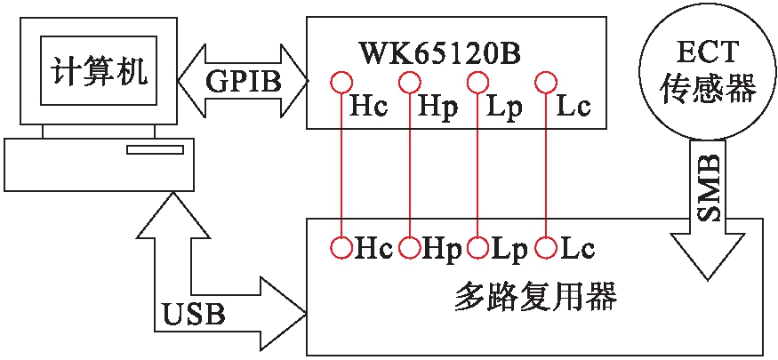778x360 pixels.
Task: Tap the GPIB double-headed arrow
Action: click(242, 82)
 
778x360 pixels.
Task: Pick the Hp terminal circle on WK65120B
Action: click(409, 83)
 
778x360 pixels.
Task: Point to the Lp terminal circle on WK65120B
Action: click(478, 83)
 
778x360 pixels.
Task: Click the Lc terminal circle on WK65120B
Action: click(545, 83)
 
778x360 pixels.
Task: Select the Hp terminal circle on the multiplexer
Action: click(409, 246)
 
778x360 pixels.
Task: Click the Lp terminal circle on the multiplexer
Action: click(478, 246)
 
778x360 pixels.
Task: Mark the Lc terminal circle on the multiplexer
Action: click(545, 246)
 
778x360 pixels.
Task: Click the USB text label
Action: click(194, 313)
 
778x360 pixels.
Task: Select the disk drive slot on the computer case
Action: click(154, 149)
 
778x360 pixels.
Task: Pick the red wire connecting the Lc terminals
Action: click(545, 164)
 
